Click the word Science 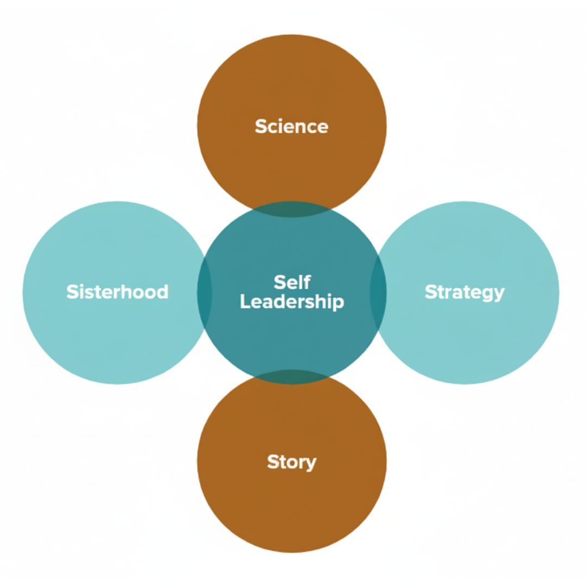291,126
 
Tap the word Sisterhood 117,292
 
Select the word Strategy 464,292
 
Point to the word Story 291,462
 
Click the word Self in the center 292,282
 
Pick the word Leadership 292,302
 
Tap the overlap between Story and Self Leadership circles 292,377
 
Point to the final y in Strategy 499,294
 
